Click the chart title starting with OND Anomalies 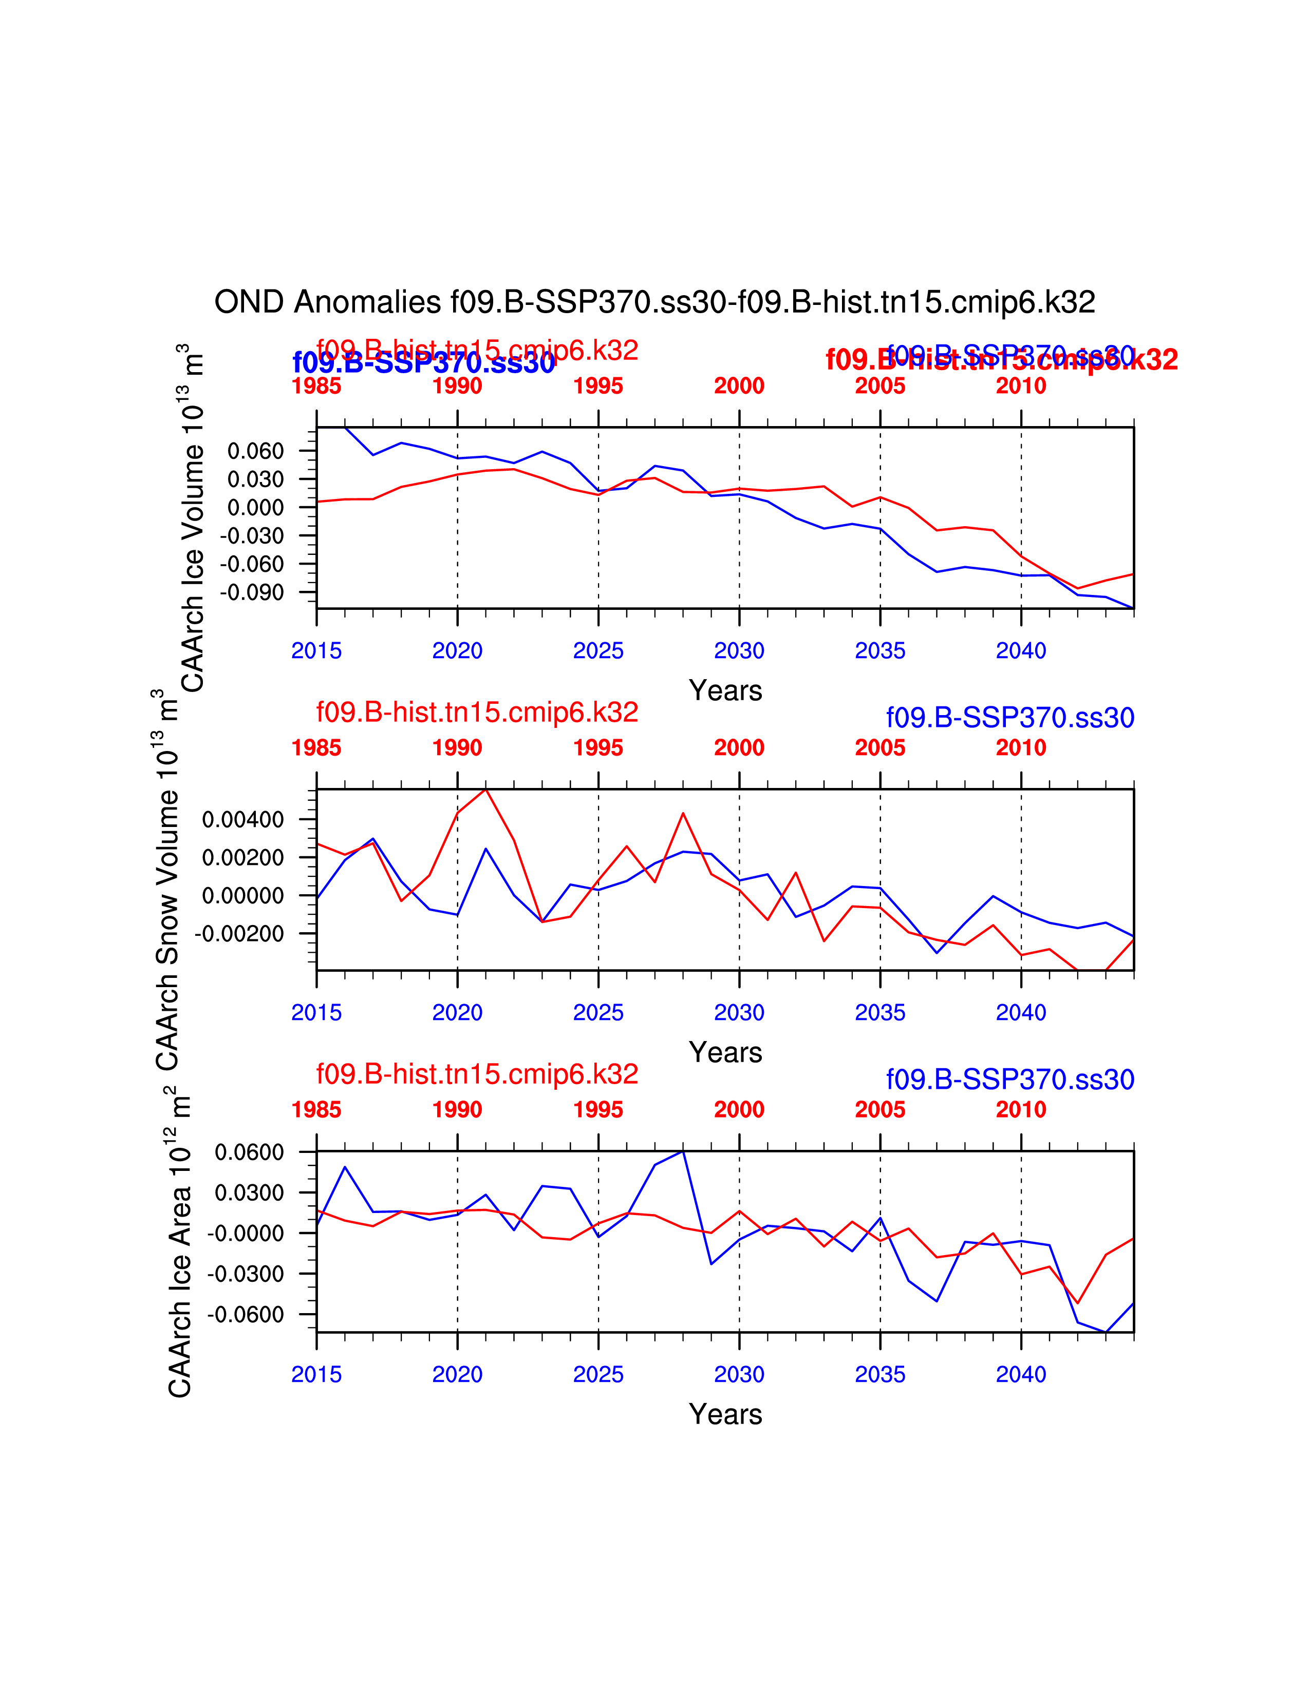(654, 302)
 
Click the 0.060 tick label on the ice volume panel (255, 451)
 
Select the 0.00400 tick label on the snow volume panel (243, 819)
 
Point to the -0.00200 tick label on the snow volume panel (239, 933)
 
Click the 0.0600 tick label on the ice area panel (249, 1152)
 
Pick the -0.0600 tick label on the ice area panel (245, 1315)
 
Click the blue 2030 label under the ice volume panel (739, 651)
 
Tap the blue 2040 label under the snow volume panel (1021, 1012)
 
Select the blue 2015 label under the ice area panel (316, 1374)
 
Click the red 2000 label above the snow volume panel (739, 748)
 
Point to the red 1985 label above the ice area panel (316, 1110)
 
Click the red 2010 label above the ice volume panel (1021, 386)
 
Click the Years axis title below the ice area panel (725, 1414)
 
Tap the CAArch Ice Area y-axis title (179, 1241)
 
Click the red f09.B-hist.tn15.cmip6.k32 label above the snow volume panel (477, 712)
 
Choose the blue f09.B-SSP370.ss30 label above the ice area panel (1009, 1080)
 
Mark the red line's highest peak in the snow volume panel (486, 789)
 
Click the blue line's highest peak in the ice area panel (683, 1151)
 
